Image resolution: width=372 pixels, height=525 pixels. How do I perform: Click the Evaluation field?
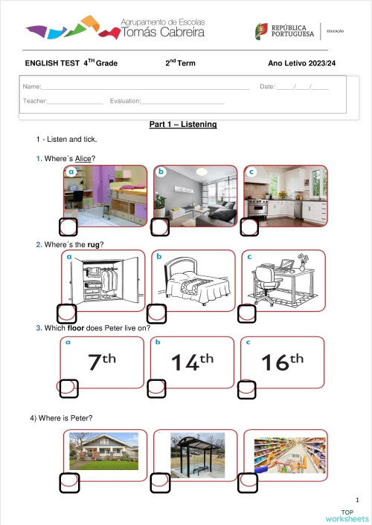[x=182, y=101]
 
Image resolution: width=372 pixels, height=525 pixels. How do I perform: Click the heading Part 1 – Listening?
[x=183, y=124]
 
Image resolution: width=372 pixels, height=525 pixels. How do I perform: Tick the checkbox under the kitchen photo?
[x=248, y=227]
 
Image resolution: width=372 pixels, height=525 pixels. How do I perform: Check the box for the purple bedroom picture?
[x=68, y=227]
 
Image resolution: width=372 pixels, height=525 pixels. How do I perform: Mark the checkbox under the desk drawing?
[x=246, y=313]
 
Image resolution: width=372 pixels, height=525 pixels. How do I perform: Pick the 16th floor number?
[x=283, y=362]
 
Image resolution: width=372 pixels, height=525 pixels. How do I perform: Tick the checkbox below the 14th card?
[x=156, y=387]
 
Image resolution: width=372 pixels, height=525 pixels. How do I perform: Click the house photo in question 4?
[x=103, y=452]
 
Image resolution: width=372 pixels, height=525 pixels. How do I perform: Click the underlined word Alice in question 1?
[x=85, y=158]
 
